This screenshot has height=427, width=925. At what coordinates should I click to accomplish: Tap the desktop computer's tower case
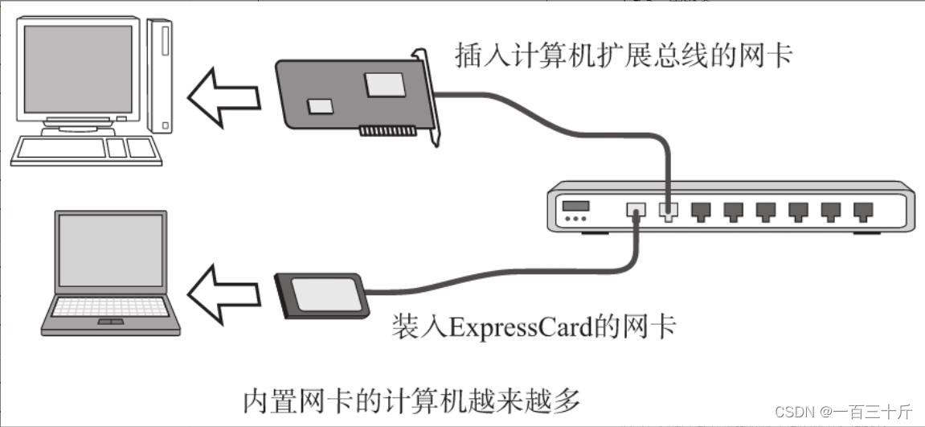pyautogui.click(x=160, y=76)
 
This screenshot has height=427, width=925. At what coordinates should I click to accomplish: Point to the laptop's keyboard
pyautogui.click(x=111, y=307)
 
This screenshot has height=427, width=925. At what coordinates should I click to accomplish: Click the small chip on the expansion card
pyautogui.click(x=321, y=105)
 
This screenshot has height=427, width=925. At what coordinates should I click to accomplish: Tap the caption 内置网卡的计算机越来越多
pyautogui.click(x=411, y=399)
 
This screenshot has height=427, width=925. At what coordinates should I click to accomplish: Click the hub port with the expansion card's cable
pyautogui.click(x=668, y=211)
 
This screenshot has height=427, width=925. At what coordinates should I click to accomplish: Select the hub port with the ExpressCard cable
pyautogui.click(x=636, y=211)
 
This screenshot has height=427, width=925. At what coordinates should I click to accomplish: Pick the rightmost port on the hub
pyautogui.click(x=864, y=211)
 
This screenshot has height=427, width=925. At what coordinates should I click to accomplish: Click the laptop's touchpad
pyautogui.click(x=111, y=322)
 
